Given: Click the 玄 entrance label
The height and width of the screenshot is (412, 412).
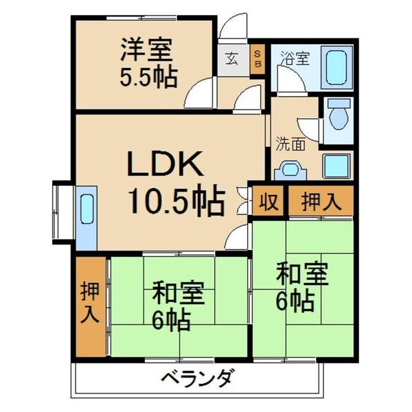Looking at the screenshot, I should [230, 58].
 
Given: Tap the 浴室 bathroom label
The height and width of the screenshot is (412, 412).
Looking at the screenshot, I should [294, 58].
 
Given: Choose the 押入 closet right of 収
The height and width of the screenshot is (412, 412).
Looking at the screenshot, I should [320, 202].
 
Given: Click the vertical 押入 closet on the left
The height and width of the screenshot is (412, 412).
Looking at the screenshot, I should [91, 304].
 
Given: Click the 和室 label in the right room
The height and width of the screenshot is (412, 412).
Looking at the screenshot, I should [303, 274].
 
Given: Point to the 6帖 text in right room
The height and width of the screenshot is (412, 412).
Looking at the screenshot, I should [296, 300].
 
